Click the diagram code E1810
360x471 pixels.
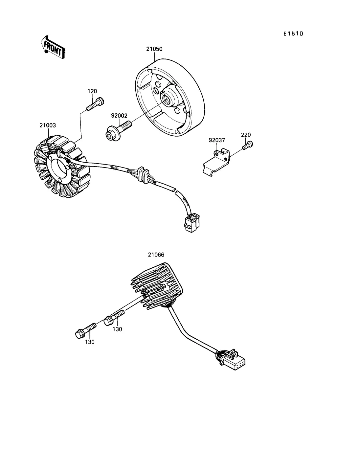[293, 34]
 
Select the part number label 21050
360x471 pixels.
[154, 49]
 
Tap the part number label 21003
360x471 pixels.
[48, 125]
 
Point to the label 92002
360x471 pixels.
[119, 116]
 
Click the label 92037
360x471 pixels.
[217, 140]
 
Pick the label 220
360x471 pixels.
[246, 135]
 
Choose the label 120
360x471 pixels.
[92, 91]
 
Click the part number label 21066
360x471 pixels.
[156, 255]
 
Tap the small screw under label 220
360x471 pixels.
[248, 145]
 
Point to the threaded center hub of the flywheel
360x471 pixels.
[167, 100]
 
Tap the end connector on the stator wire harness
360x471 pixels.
[192, 223]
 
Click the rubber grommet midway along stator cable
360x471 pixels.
[143, 175]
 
